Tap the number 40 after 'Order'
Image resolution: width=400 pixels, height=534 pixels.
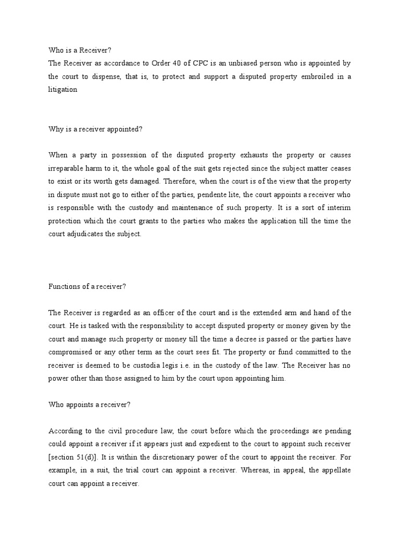(179, 64)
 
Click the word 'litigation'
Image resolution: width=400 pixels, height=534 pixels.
(63, 90)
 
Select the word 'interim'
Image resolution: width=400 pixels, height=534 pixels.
(340, 207)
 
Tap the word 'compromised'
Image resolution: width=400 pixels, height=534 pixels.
(69, 351)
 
